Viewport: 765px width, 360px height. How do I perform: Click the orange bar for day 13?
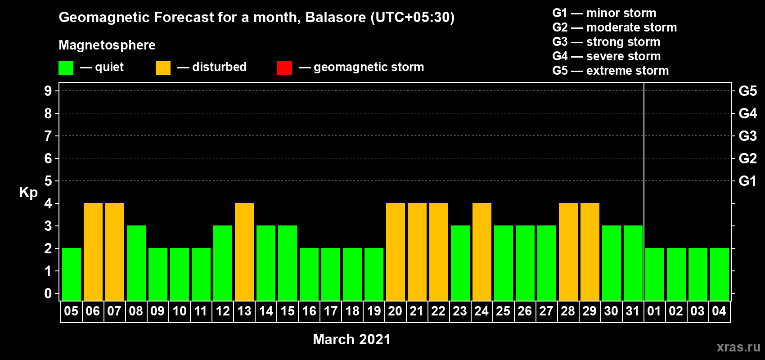pyautogui.click(x=244, y=252)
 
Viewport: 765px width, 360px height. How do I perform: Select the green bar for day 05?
pyautogui.click(x=72, y=274)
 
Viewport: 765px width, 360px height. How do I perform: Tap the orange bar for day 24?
pyautogui.click(x=482, y=252)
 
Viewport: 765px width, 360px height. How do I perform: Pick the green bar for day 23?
pyautogui.click(x=460, y=263)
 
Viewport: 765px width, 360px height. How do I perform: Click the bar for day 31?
pyautogui.click(x=633, y=263)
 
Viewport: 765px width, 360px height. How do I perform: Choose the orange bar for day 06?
pyautogui.click(x=93, y=252)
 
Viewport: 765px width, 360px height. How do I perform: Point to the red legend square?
pyautogui.click(x=284, y=67)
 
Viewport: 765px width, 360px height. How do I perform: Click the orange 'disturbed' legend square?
pyautogui.click(x=163, y=67)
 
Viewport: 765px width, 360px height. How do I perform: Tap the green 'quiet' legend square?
pyautogui.click(x=66, y=67)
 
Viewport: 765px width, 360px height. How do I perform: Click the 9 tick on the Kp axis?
pyautogui.click(x=48, y=91)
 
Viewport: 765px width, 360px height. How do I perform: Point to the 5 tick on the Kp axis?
pyautogui.click(x=48, y=181)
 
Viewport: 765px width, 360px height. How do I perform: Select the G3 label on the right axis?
pyautogui.click(x=748, y=136)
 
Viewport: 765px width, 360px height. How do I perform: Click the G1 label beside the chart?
pyautogui.click(x=748, y=181)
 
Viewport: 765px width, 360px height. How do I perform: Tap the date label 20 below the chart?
pyautogui.click(x=395, y=311)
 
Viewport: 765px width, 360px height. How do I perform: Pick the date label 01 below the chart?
pyautogui.click(x=654, y=311)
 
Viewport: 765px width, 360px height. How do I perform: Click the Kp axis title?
pyautogui.click(x=28, y=193)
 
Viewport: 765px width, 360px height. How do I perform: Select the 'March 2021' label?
pyautogui.click(x=352, y=339)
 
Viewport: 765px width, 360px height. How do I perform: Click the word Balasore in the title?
pyautogui.click(x=335, y=17)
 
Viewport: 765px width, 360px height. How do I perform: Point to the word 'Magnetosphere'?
pyautogui.click(x=107, y=45)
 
